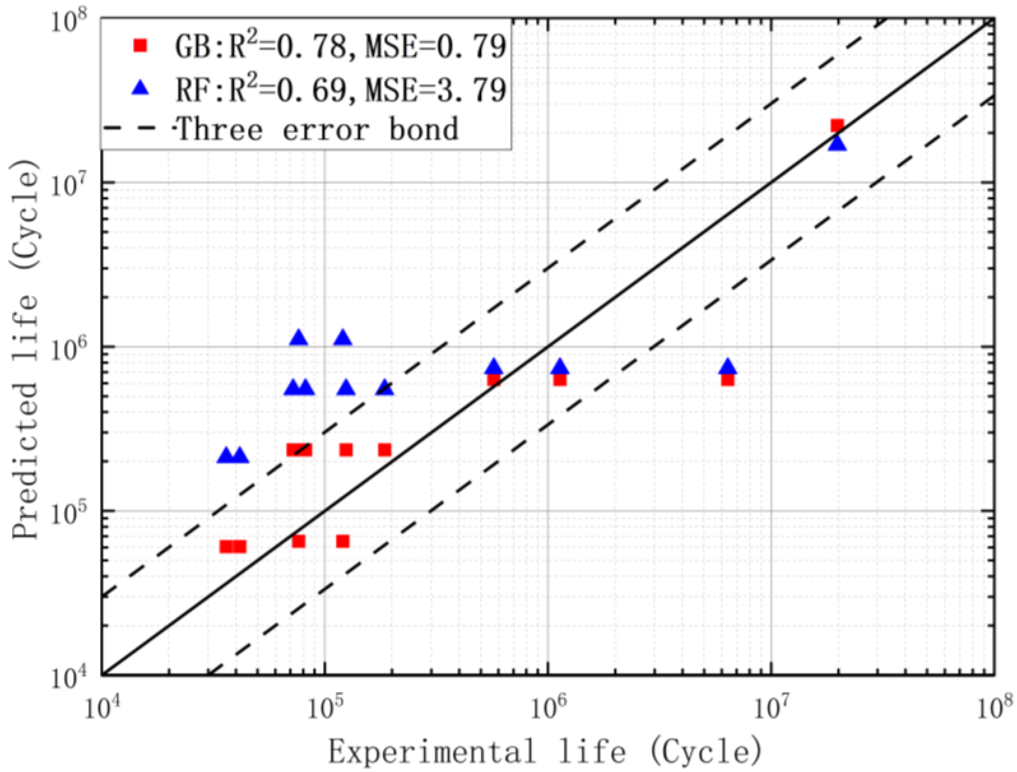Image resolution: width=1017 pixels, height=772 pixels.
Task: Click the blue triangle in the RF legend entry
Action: coord(141,87)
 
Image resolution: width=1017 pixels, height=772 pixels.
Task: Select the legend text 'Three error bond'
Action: coord(317,129)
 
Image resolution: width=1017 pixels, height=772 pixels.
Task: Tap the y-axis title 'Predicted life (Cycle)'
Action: coord(25,349)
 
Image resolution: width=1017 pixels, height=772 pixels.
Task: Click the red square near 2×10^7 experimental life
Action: coord(837,125)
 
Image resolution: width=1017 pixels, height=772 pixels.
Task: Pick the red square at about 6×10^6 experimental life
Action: coord(728,380)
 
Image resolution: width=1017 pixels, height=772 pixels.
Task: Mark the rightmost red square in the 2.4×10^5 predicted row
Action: coord(385,450)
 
